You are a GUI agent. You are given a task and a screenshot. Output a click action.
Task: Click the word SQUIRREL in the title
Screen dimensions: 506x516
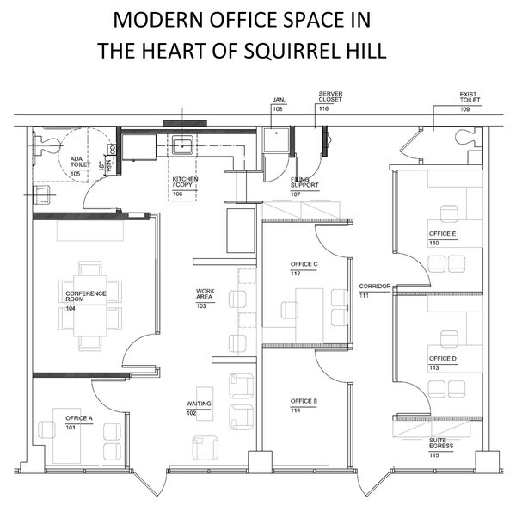pyautogui.click(x=294, y=50)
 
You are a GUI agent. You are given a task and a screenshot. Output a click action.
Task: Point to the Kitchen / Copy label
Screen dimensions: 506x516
pyautogui.click(x=185, y=182)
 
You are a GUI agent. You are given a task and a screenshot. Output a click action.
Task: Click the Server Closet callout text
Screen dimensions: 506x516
pyautogui.click(x=330, y=96)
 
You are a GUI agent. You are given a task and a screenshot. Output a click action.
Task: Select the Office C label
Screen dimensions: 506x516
pyautogui.click(x=304, y=264)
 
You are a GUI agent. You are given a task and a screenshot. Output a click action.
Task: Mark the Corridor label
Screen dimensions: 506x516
pyautogui.click(x=375, y=286)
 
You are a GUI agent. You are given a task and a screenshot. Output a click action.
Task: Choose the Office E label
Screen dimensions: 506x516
pyautogui.click(x=443, y=234)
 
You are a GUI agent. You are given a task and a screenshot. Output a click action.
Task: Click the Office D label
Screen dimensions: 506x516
pyautogui.click(x=443, y=358)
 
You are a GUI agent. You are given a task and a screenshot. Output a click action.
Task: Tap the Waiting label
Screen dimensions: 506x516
pyautogui.click(x=199, y=403)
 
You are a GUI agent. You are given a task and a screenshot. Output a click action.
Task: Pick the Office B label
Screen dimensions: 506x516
pyautogui.click(x=304, y=401)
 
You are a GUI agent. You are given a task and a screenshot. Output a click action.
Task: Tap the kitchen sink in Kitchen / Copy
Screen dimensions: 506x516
pyautogui.click(x=182, y=144)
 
